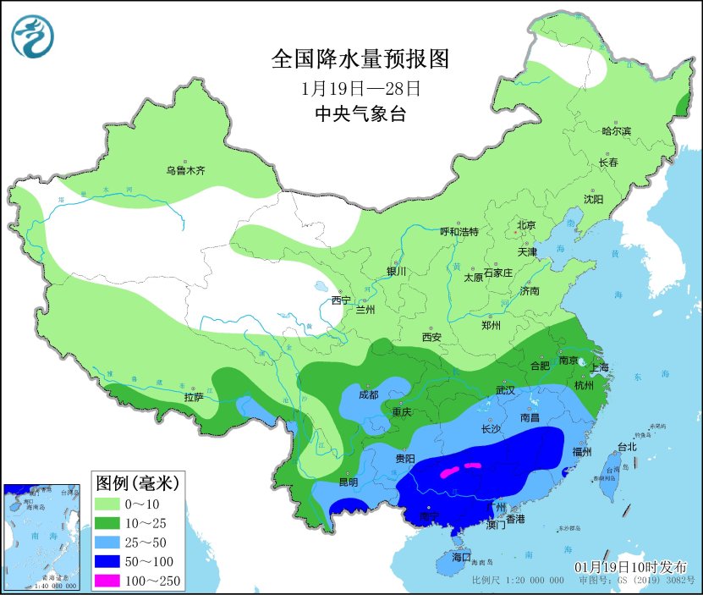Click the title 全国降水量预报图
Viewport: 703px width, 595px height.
(360, 59)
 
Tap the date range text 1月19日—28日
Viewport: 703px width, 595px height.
(360, 88)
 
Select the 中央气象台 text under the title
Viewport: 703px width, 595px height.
(360, 114)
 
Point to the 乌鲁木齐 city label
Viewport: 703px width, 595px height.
(185, 170)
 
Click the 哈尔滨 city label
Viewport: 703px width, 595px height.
(616, 131)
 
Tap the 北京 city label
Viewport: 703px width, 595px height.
(526, 224)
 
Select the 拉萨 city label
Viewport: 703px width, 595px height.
(193, 396)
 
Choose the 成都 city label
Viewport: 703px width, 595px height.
(368, 394)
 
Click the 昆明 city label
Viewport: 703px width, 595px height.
(349, 482)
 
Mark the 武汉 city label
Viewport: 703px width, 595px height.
(506, 390)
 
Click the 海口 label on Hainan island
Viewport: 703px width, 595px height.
(460, 559)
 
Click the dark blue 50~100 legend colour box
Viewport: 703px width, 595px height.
(108, 560)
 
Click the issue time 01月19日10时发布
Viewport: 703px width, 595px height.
(630, 566)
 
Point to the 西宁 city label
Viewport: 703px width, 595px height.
(341, 300)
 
